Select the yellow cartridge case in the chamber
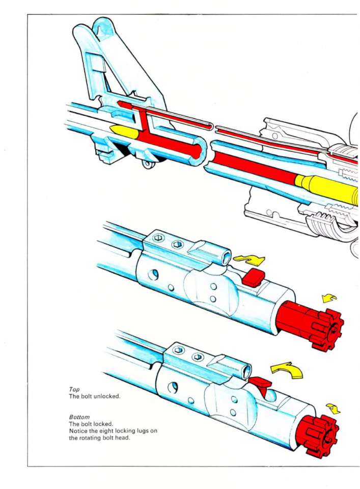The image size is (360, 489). click(326, 187)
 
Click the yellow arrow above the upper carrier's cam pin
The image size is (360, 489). click(250, 260)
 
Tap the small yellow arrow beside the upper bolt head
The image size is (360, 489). click(329, 298)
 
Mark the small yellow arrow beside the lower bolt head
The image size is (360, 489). click(334, 408)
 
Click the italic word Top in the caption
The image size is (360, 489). click(74, 389)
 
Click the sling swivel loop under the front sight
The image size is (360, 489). click(149, 164)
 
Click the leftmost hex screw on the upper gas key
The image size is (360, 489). click(159, 238)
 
